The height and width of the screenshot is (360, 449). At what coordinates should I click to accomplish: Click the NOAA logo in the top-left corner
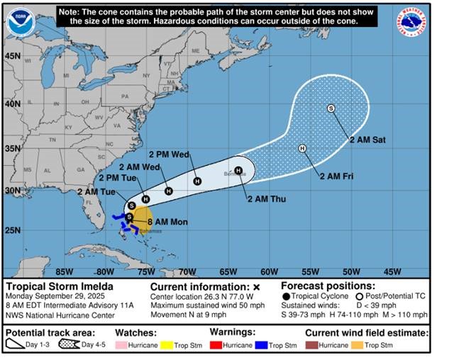tap(20, 22)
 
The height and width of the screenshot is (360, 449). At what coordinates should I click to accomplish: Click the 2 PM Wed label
tap(168, 154)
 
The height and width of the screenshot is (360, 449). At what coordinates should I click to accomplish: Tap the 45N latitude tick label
tap(12, 55)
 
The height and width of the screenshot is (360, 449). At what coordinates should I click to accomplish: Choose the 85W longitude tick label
tap(65, 271)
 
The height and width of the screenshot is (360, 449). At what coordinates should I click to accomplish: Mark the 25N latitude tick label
tap(12, 231)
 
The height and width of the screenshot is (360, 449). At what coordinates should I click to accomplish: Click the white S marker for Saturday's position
tap(331, 108)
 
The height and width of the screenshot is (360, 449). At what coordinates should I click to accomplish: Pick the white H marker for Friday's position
tap(302, 148)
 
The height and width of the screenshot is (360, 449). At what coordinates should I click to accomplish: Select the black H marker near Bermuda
tap(238, 170)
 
